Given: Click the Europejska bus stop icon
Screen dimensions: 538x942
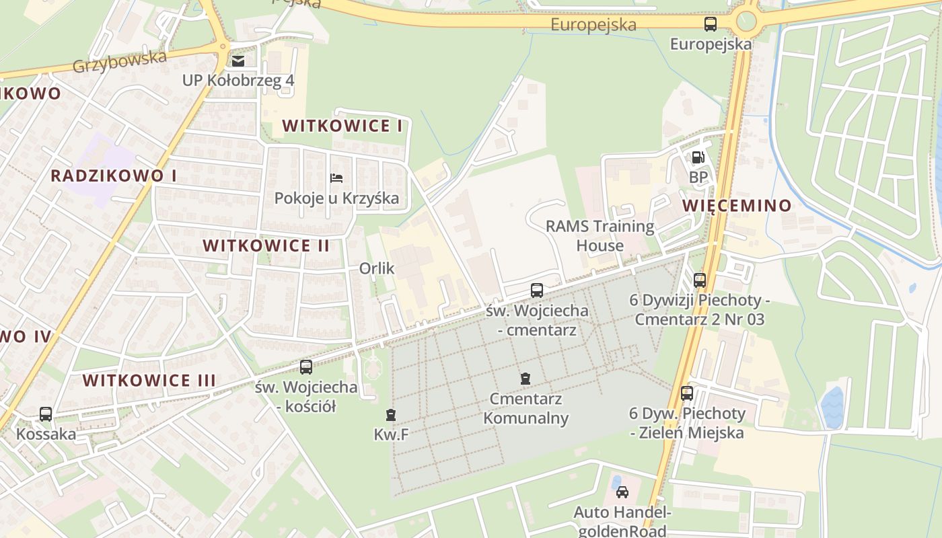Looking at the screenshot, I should pyautogui.click(x=710, y=24).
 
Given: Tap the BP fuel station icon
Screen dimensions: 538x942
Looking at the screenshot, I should pyautogui.click(x=698, y=157).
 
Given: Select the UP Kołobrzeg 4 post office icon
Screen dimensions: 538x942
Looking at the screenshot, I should pyautogui.click(x=238, y=61).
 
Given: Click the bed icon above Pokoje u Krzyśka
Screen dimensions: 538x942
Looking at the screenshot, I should pyautogui.click(x=336, y=178).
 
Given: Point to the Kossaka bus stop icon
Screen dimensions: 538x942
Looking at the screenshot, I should pyautogui.click(x=46, y=414).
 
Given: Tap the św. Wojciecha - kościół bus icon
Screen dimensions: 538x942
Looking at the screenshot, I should pyautogui.click(x=306, y=367).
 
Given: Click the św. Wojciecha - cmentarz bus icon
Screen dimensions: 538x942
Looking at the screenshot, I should pyautogui.click(x=536, y=291).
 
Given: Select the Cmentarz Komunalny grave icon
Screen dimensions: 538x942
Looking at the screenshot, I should pyautogui.click(x=526, y=379).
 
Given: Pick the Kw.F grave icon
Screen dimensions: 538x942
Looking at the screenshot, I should pyautogui.click(x=391, y=414).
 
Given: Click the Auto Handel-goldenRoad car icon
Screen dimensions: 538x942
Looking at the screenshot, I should pyautogui.click(x=622, y=492).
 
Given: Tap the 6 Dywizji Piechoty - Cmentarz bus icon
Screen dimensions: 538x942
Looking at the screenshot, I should pyautogui.click(x=700, y=280).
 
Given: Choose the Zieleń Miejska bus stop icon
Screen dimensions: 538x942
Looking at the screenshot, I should pyautogui.click(x=686, y=393).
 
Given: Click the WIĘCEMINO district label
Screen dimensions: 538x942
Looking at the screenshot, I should pyautogui.click(x=737, y=206).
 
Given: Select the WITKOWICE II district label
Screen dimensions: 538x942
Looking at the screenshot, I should pyautogui.click(x=266, y=245).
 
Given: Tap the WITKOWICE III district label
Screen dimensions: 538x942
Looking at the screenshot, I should pyautogui.click(x=149, y=381).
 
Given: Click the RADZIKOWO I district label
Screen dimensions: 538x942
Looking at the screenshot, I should pyautogui.click(x=114, y=176).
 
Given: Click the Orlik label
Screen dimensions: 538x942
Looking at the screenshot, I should pyautogui.click(x=377, y=268).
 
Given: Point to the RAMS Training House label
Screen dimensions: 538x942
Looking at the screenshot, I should pyautogui.click(x=600, y=235).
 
